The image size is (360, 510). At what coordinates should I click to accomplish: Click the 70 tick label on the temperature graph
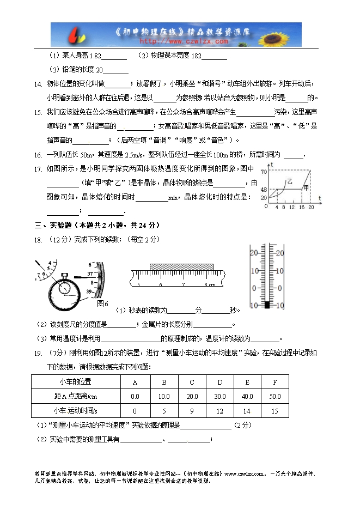click(264, 172)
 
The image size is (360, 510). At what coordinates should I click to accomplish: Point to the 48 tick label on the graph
click(264, 190)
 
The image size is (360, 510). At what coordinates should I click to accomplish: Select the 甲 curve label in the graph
click(306, 188)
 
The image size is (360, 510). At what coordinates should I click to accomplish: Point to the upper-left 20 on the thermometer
click(254, 253)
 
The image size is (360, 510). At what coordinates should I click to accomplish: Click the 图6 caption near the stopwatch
click(102, 303)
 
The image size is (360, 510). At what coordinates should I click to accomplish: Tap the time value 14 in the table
click(247, 410)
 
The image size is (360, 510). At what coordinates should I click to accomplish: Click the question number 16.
click(38, 155)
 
